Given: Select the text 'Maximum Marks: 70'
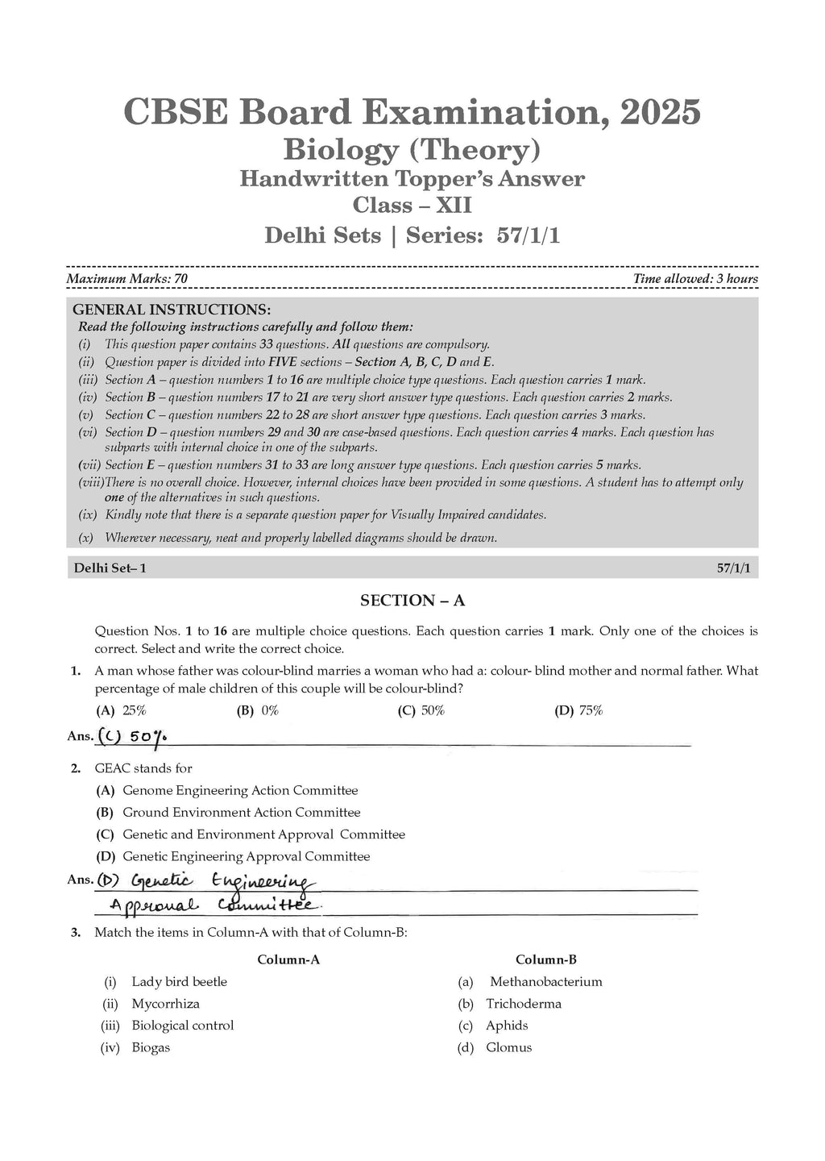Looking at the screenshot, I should coord(126,279).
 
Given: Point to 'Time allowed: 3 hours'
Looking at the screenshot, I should coord(695,279).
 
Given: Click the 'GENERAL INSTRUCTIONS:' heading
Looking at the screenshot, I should coord(172,310).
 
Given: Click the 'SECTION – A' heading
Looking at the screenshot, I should coord(412,600).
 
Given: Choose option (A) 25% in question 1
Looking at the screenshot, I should coord(122,710).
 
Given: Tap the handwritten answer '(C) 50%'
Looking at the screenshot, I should coord(133,736).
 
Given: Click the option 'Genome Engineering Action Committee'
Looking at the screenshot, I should coord(240,790).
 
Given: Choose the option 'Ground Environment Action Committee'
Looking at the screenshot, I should coord(241,812).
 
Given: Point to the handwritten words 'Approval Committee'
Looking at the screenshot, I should coord(214,905).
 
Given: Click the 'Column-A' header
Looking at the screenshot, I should coord(288,959).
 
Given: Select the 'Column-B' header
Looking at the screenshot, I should coord(546,959).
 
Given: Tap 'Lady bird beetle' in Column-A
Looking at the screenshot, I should coord(179,981).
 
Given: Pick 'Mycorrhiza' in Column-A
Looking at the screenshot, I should coord(165,1004).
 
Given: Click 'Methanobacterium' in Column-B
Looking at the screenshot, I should coord(545,981).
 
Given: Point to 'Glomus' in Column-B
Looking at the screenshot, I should coord(508,1047).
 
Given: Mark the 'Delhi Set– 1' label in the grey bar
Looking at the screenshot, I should coord(110,568).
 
